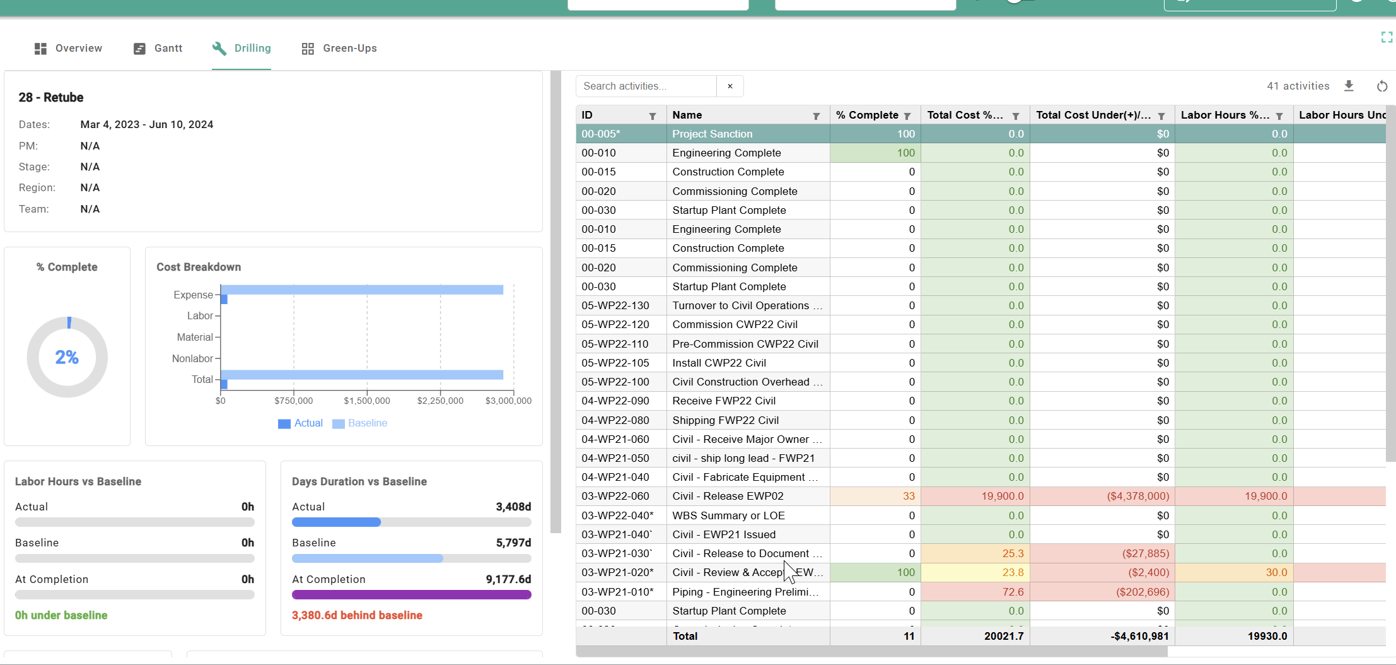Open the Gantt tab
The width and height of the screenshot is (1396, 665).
coord(158,49)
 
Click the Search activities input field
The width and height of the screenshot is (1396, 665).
coord(646,86)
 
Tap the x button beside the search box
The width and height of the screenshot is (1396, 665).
coord(730,86)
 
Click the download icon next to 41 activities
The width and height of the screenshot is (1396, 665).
coord(1349,86)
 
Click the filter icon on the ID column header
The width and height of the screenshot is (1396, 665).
coord(653,116)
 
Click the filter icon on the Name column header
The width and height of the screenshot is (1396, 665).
coord(816,116)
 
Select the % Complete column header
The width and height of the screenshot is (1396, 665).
coord(867,115)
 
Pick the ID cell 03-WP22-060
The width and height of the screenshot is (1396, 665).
coord(615,497)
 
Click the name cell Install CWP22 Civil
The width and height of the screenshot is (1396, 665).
coord(719,363)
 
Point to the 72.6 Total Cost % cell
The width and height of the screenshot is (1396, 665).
coord(1013,592)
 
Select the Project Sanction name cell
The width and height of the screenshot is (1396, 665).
coord(713,134)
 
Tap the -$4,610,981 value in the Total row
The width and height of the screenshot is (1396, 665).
coord(1139,636)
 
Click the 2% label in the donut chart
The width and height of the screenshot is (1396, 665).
coord(67,358)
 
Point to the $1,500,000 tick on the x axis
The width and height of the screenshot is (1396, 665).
coord(367,401)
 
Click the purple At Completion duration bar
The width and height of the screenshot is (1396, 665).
coord(411,594)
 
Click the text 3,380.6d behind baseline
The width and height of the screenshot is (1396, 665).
coord(357,615)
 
